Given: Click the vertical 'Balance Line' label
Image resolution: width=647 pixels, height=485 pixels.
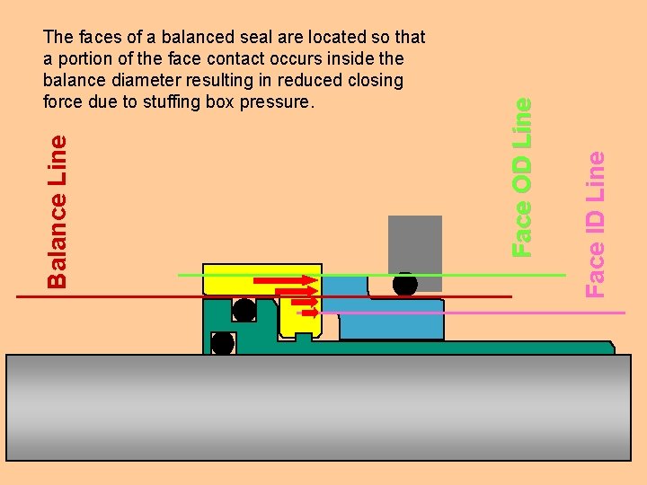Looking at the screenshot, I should coord(57,211).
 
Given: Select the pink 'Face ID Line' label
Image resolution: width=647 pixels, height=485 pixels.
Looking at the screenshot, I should coord(595,223).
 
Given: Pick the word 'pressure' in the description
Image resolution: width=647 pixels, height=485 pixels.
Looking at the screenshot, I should coord(279,101).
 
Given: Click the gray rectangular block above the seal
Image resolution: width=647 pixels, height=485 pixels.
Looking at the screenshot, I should coord(414,242).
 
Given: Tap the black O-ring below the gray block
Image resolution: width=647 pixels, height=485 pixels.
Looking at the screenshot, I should coord(405,285).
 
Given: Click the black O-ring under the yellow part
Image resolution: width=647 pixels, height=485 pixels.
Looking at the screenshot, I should coord(244,311).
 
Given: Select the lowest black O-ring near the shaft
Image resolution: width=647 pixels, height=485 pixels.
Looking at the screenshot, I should coord(222,343).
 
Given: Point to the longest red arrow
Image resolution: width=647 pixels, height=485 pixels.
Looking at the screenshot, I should coord(285,280).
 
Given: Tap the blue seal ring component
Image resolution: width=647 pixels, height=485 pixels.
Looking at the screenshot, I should coord(392,319).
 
